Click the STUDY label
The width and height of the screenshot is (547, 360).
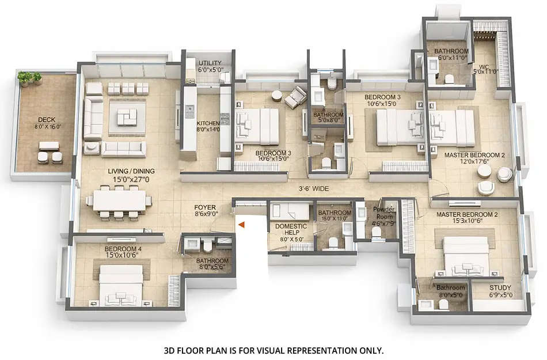coord(500,287)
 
